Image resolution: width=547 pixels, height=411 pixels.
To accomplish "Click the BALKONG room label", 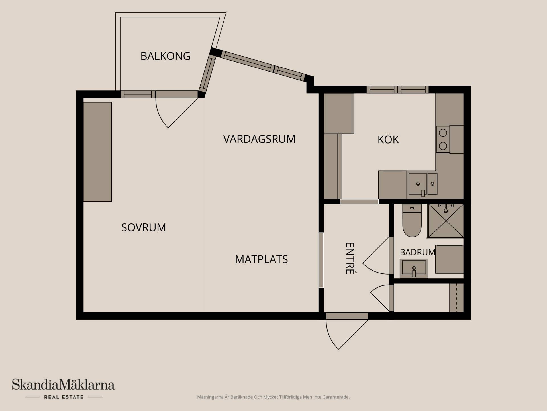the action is click(x=165, y=56).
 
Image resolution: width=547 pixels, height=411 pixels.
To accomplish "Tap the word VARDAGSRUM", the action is click(x=259, y=139).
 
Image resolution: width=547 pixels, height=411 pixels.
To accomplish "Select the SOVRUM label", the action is click(x=144, y=227).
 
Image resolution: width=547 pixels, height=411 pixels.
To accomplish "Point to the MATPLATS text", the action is click(x=261, y=259).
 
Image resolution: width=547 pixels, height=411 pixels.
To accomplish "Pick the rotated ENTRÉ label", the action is click(x=350, y=258).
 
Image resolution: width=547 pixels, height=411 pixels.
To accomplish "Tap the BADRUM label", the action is click(x=417, y=252).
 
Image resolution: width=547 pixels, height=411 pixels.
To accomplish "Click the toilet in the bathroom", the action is click(x=412, y=221).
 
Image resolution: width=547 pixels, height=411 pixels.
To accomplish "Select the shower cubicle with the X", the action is click(x=445, y=221).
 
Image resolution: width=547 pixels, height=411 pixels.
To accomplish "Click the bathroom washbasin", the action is click(x=414, y=268).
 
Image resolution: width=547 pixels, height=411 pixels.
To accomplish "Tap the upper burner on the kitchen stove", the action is click(x=443, y=133).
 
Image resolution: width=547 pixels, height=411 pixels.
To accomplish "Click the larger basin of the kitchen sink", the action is click(x=418, y=184).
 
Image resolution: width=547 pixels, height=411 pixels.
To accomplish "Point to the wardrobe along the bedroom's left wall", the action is click(x=97, y=152).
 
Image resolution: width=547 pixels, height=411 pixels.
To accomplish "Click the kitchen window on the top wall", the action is click(x=397, y=90).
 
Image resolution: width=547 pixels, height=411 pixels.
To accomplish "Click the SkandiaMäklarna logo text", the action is click(x=63, y=385).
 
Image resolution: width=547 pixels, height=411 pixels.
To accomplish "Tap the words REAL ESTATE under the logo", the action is click(x=64, y=397).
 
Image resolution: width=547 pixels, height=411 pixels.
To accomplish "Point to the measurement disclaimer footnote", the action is click(x=273, y=397).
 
